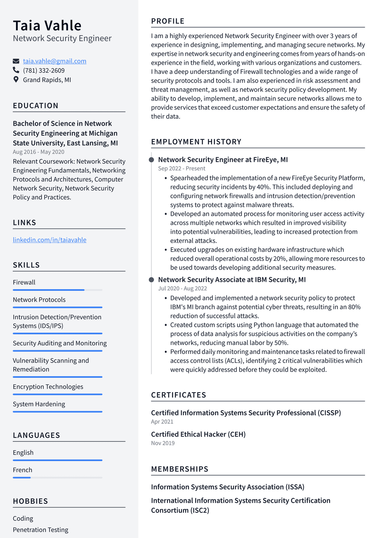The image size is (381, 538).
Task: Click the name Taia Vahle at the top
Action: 47,26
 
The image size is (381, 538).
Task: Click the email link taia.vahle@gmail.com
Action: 55,61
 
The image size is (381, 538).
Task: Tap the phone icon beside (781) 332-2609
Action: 16,70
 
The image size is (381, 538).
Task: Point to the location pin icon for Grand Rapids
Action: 16,79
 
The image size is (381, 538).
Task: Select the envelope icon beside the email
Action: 16,61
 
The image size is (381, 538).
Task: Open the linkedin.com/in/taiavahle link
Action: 49,240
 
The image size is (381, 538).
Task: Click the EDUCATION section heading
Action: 35,106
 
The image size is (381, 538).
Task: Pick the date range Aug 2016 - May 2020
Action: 38,152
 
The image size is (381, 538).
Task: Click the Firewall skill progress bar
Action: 57,290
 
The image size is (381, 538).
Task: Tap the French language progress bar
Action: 57,478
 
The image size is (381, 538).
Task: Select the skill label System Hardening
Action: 39,404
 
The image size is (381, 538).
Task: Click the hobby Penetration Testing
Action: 41,530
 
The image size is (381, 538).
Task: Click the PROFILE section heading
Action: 167,21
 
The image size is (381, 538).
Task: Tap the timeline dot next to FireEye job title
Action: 151,160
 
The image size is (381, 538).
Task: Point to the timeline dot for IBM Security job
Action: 151,280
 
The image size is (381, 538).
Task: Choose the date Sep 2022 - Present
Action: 182,168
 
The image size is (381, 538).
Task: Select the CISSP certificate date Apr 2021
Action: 162,422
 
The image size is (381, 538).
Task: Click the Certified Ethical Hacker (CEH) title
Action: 198,434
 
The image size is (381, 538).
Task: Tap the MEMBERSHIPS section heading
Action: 179,469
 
